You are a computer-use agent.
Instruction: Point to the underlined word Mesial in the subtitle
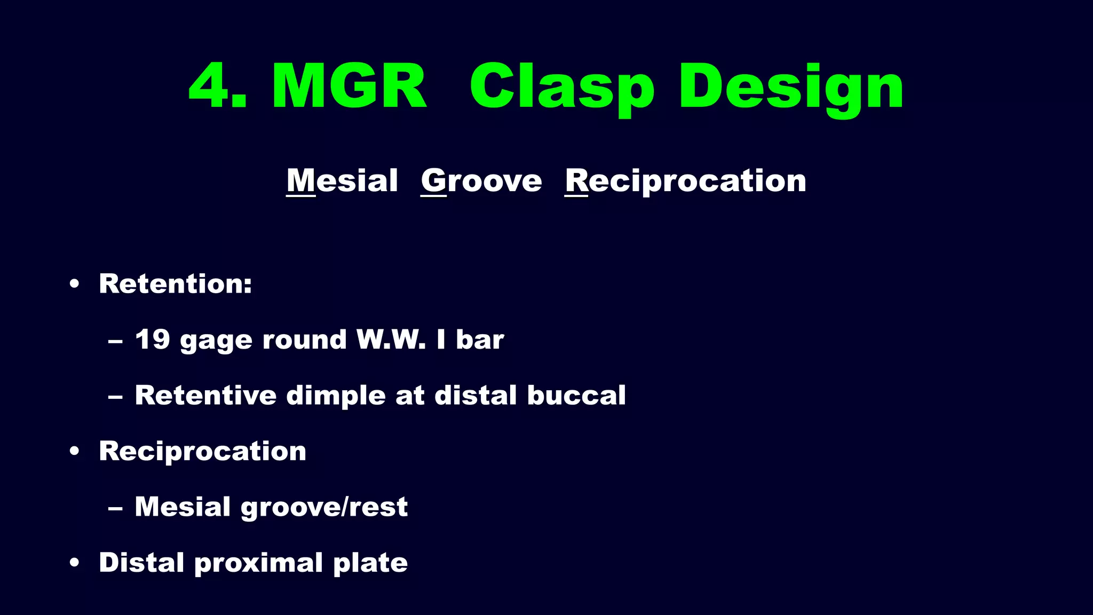pyautogui.click(x=342, y=180)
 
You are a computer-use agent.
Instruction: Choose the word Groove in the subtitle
pyautogui.click(x=481, y=180)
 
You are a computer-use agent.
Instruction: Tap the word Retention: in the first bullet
pyautogui.click(x=175, y=283)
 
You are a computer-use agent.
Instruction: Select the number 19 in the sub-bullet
pyautogui.click(x=152, y=339)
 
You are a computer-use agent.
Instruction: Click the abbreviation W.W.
pyautogui.click(x=391, y=339)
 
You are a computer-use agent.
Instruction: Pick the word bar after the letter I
pyautogui.click(x=480, y=340)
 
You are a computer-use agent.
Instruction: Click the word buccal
pyautogui.click(x=576, y=395)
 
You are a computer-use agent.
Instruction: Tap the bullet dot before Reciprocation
pyautogui.click(x=75, y=451)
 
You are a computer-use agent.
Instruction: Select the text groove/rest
pyautogui.click(x=324, y=507)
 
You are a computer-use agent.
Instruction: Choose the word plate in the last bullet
pyautogui.click(x=370, y=563)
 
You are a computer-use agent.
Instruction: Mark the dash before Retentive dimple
pyautogui.click(x=115, y=397)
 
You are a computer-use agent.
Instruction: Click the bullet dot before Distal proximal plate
pyautogui.click(x=75, y=563)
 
